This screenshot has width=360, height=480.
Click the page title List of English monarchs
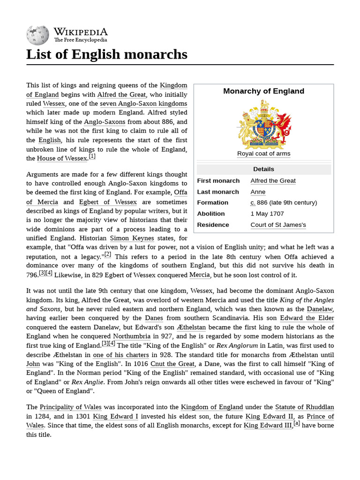click(x=106, y=54)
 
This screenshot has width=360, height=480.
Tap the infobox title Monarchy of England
click(x=263, y=91)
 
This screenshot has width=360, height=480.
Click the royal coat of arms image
click(x=263, y=125)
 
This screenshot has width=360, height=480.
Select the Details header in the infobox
click(x=263, y=169)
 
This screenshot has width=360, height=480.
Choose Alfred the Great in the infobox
click(x=273, y=181)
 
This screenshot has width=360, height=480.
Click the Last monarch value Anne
click(x=258, y=192)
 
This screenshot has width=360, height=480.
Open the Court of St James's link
click(x=278, y=225)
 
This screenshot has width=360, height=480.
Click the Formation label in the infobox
click(x=212, y=202)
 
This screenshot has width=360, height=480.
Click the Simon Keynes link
click(x=131, y=238)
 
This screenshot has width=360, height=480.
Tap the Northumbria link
click(x=131, y=336)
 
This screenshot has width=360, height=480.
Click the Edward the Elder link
click(x=307, y=318)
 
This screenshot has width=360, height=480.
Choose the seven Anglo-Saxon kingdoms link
click(x=143, y=104)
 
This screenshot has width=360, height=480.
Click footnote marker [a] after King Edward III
click(x=297, y=424)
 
